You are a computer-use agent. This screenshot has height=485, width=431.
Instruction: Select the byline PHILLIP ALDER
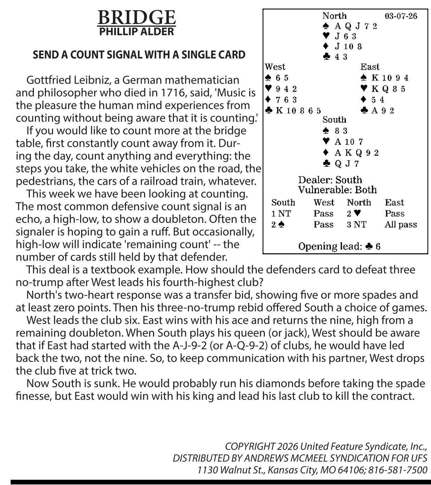click(137, 32)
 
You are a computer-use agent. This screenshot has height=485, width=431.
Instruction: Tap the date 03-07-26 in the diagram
click(401, 16)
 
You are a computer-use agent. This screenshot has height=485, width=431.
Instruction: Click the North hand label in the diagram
click(334, 16)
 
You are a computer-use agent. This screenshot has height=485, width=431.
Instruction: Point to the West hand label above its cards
click(275, 66)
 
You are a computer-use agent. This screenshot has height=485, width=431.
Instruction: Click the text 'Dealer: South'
click(330, 180)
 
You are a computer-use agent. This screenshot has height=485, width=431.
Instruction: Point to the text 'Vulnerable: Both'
click(337, 190)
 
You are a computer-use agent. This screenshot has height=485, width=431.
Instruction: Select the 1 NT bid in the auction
click(281, 214)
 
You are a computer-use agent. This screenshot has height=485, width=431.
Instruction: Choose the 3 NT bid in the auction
click(356, 225)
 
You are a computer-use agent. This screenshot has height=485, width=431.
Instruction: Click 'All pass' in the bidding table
click(401, 225)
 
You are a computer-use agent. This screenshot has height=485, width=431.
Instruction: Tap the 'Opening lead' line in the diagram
click(339, 246)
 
